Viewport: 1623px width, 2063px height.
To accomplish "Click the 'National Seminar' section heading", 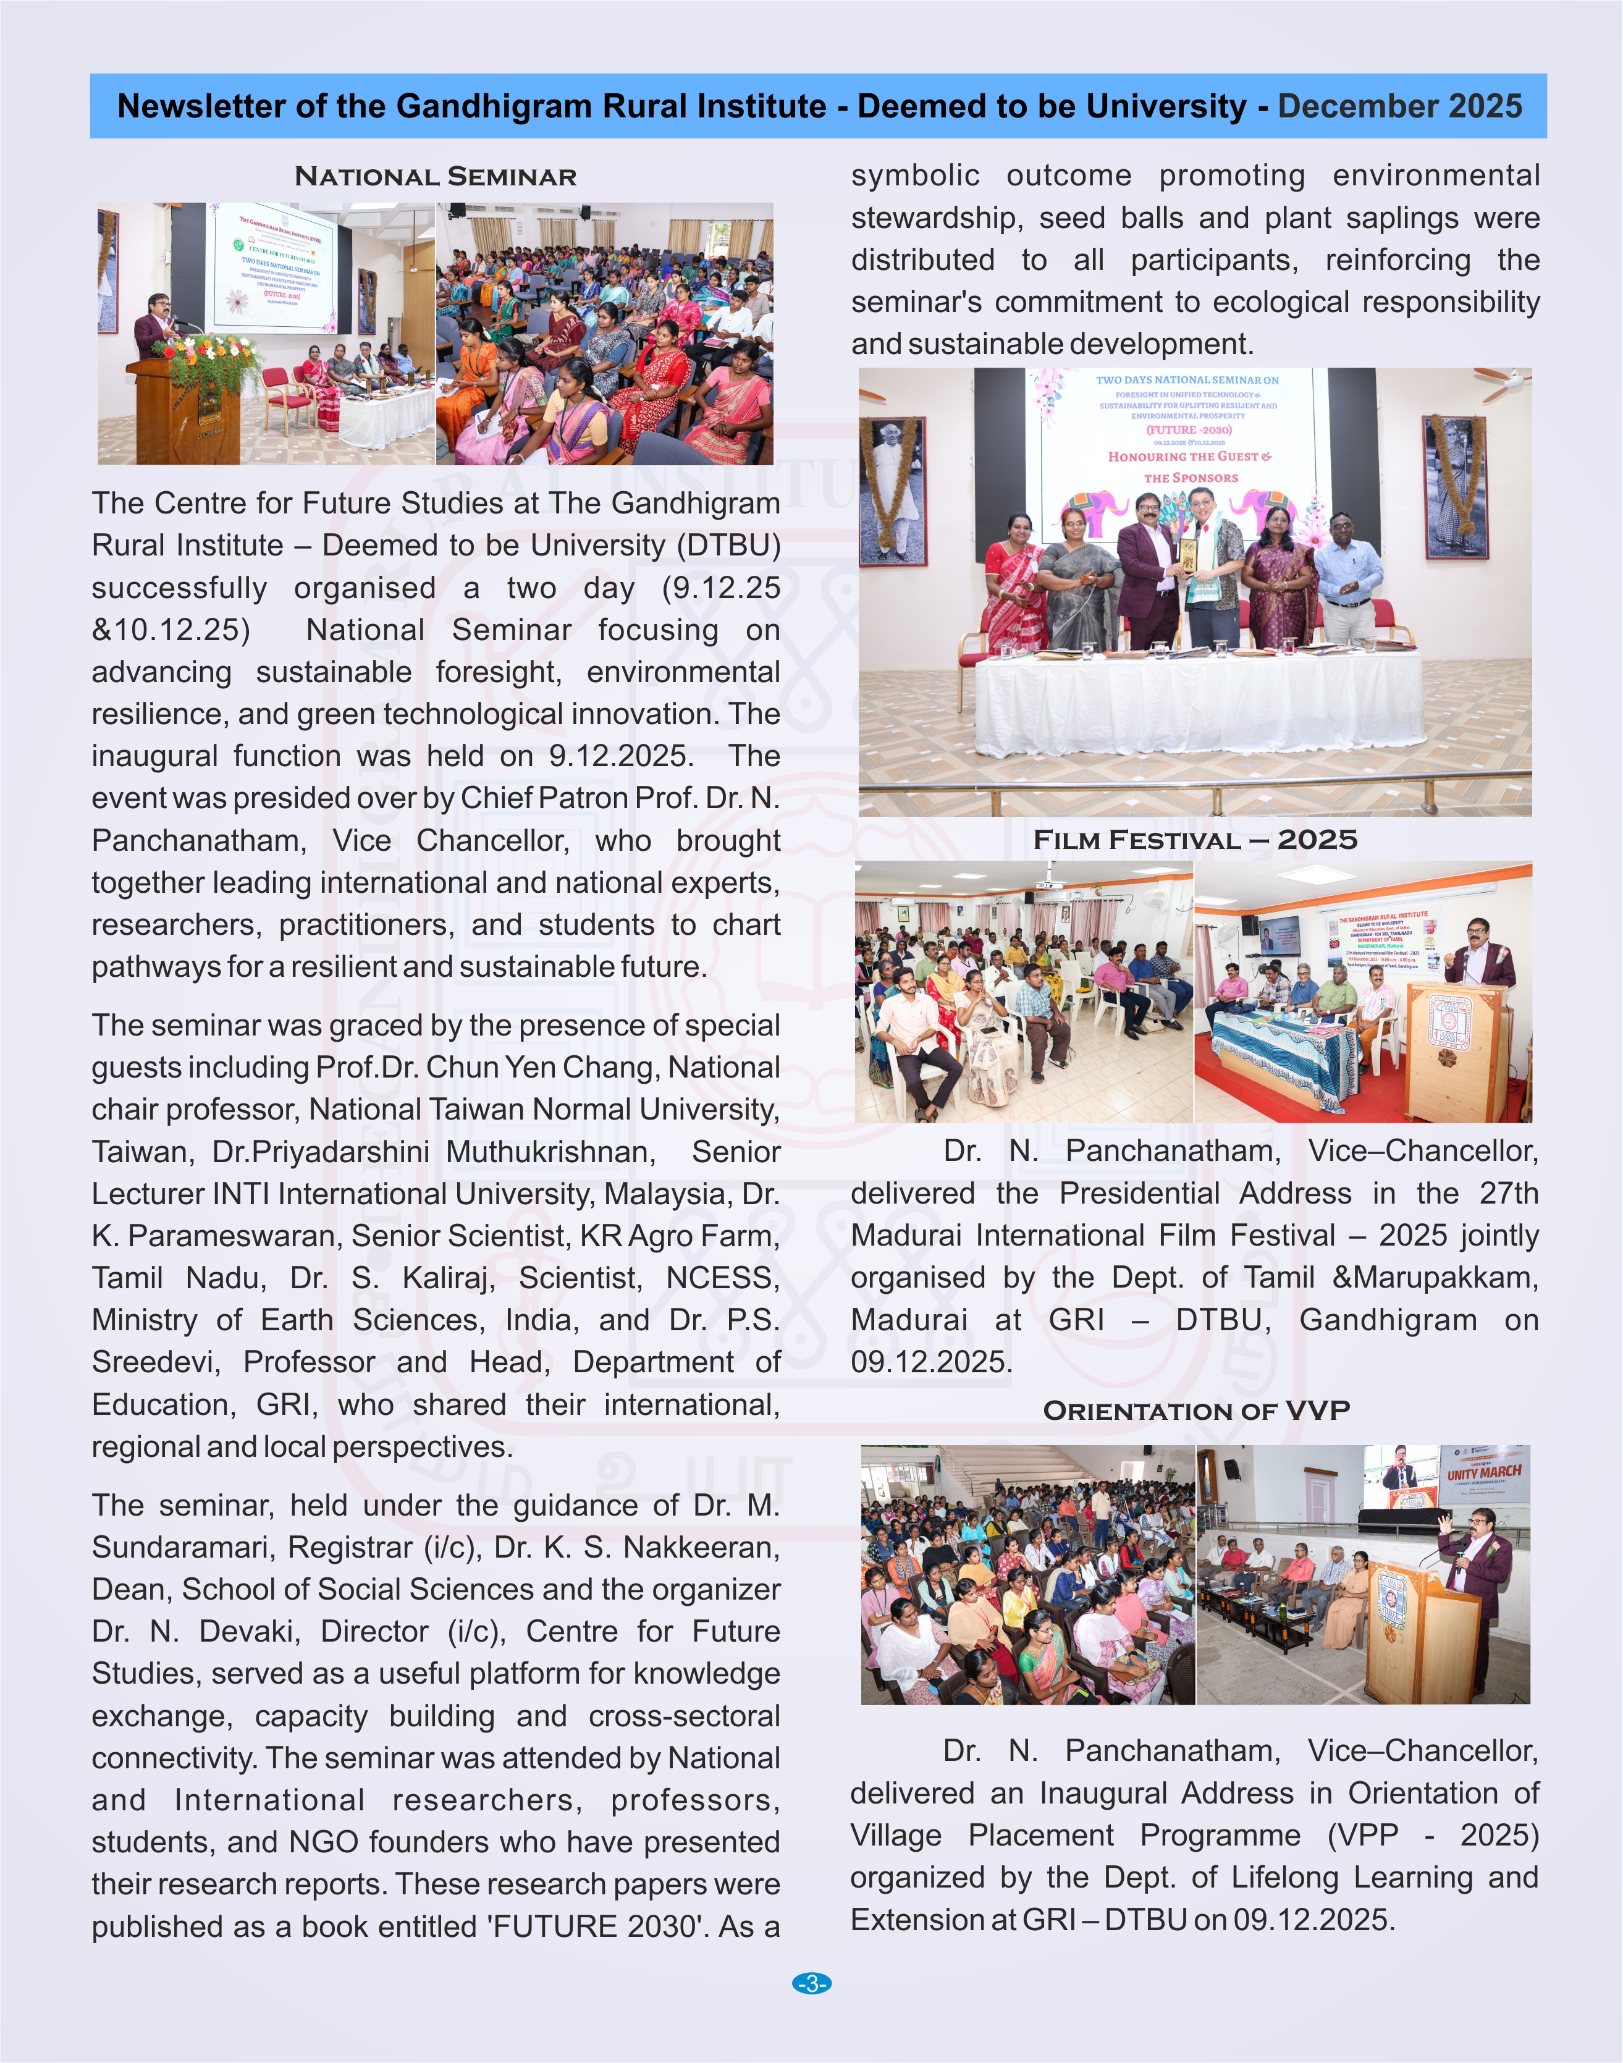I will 435,177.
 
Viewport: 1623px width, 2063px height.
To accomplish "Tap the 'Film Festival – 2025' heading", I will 1194,840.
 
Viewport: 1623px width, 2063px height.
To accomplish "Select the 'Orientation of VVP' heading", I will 1195,1410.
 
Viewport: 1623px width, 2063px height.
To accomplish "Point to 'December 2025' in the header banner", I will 1399,106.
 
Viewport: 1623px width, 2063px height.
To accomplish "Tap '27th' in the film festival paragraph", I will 1508,1194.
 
